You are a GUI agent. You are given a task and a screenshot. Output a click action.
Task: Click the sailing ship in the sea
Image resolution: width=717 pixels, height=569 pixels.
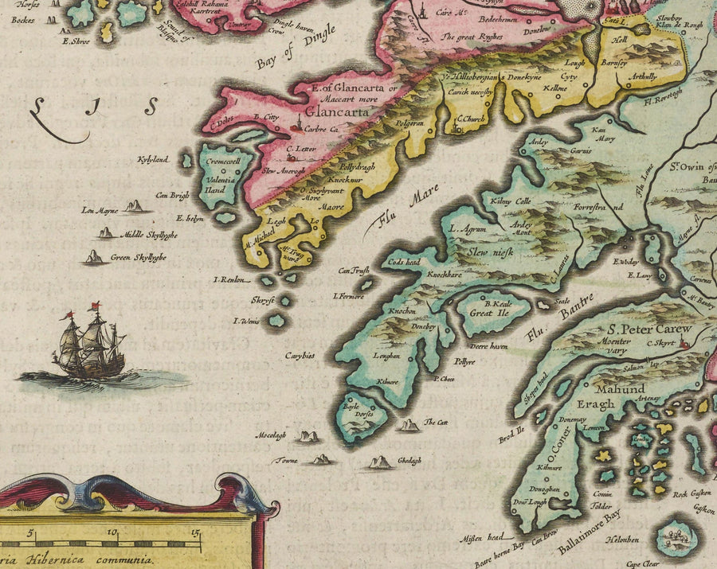tap(89, 344)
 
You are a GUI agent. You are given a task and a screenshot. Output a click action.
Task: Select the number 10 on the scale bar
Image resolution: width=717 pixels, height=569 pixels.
tap(112, 533)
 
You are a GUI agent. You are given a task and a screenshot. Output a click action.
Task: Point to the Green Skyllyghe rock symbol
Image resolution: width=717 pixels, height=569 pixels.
tap(95, 257)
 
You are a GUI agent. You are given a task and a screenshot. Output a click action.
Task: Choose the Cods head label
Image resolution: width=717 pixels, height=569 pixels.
tap(402, 262)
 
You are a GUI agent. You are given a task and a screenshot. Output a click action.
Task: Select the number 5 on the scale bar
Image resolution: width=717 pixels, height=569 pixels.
tap(30, 533)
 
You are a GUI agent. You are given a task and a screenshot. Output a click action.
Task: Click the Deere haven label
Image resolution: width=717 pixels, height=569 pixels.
tap(488, 346)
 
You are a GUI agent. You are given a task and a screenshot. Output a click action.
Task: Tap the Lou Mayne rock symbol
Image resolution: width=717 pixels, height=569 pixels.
tap(135, 207)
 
